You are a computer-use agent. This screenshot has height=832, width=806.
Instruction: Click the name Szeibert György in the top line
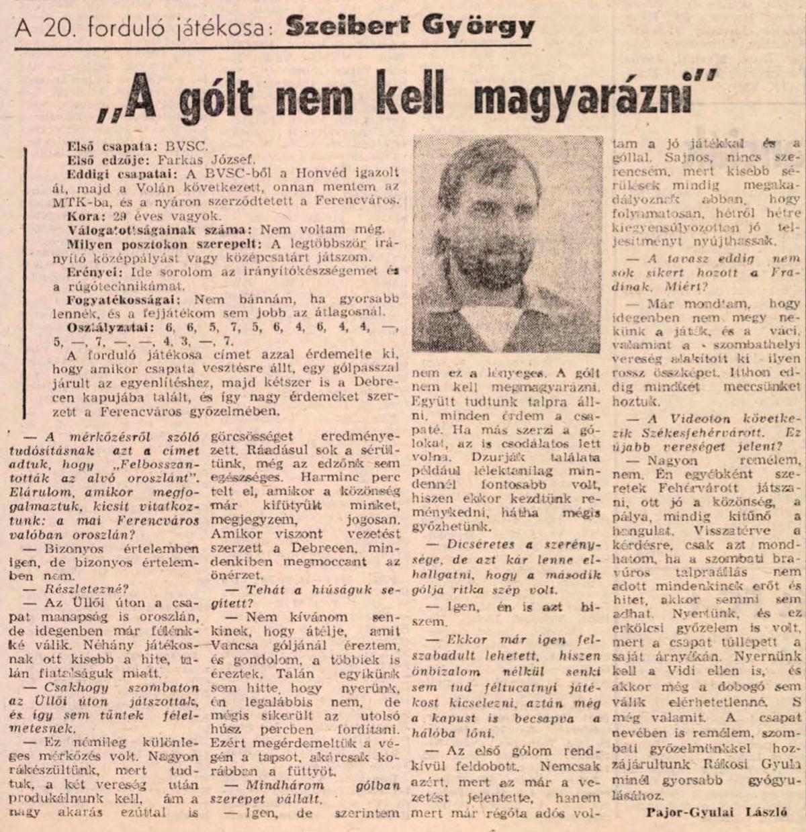tap(410, 27)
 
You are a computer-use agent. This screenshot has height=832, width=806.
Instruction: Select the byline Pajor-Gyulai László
tap(716, 811)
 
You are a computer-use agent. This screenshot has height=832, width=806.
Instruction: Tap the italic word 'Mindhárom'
tap(275, 784)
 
